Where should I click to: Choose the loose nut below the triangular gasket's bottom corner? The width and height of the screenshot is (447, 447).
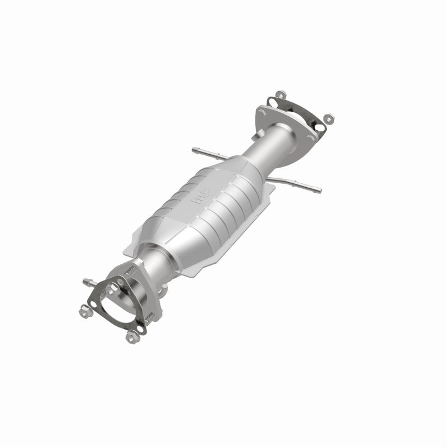click(x=132, y=336)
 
